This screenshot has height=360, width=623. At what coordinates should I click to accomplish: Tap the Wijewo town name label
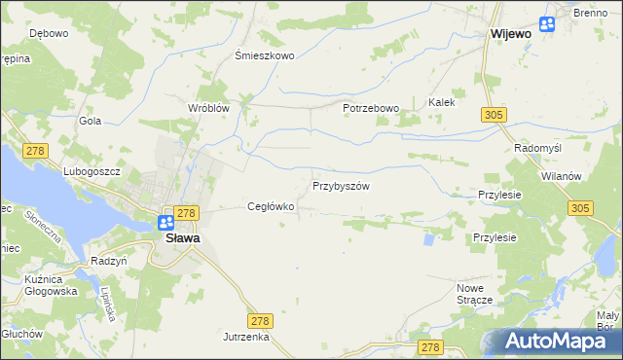pos(510,32)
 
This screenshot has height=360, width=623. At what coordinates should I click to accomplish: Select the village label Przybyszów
pos(341,185)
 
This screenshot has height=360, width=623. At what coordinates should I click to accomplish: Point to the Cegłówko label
pos(271,206)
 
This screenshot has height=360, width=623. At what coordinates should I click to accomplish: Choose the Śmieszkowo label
pos(265,55)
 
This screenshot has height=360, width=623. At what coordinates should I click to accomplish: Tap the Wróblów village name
pos(208,108)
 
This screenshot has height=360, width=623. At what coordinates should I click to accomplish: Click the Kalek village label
pos(442,101)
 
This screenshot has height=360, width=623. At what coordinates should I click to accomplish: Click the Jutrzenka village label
pos(244,336)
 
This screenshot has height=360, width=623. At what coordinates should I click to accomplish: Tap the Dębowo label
pos(49,33)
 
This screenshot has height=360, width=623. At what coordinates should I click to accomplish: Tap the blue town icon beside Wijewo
pos(547,25)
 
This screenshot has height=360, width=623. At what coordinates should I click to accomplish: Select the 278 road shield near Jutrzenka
pos(259,320)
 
